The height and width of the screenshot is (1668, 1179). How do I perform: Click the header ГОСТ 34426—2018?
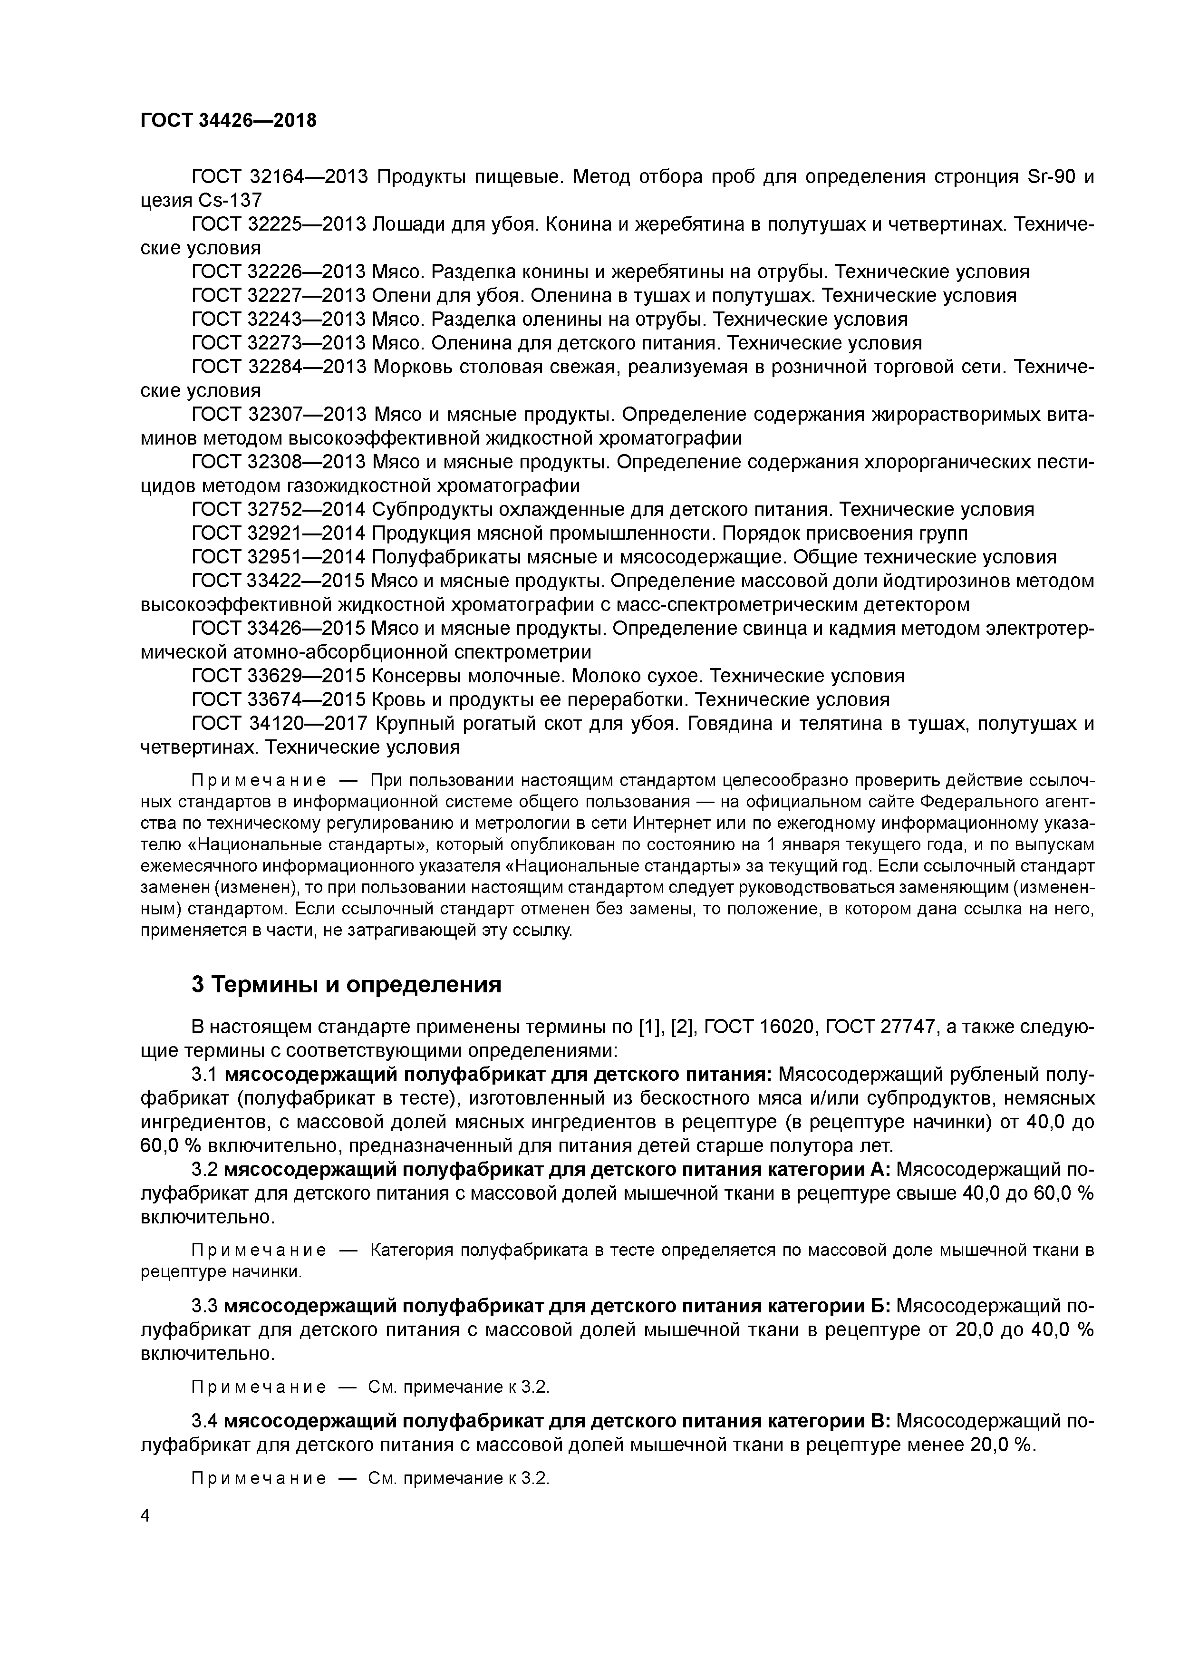pos(228,121)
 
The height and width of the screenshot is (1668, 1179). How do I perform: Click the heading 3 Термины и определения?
pos(347,984)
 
